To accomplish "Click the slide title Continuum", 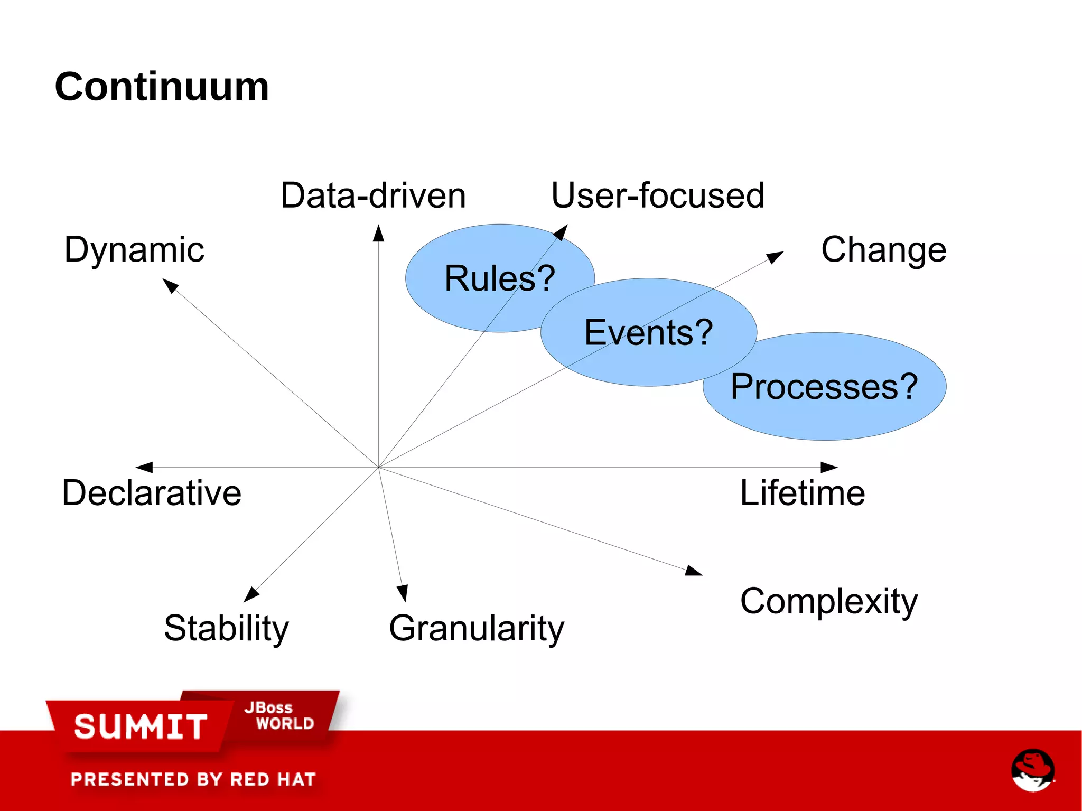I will click(162, 87).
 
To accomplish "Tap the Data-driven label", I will click(373, 195).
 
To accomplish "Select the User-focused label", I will click(658, 195).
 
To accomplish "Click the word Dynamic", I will click(134, 249).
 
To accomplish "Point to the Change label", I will click(883, 249).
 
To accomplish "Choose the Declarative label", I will click(152, 493).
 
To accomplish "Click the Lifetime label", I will click(802, 493).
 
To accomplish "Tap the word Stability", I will click(226, 628).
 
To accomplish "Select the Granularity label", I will click(477, 628).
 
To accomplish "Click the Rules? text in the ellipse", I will click(500, 278).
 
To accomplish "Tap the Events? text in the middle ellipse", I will click(649, 332).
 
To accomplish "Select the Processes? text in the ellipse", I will click(824, 387).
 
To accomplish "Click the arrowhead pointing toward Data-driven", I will click(378, 234).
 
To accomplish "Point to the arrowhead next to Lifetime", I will click(829, 467).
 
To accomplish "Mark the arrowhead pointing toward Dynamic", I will click(170, 286).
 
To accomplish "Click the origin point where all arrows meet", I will click(378, 468).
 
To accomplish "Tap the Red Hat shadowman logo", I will click(1032, 770).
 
